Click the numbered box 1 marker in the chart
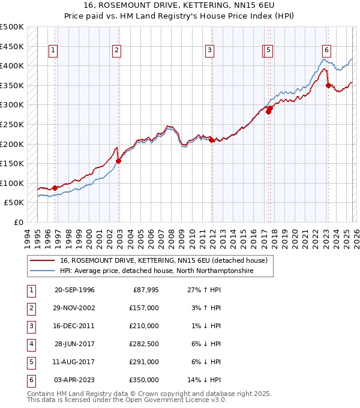click(54, 51)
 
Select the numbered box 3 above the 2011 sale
click(209, 51)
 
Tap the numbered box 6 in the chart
click(326, 51)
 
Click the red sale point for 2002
click(119, 161)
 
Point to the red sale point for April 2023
click(328, 85)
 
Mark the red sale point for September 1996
click(55, 188)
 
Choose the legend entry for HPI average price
click(157, 271)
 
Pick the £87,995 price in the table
click(144, 290)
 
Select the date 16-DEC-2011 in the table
click(74, 325)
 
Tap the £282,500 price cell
click(144, 344)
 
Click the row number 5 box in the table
click(30, 362)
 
